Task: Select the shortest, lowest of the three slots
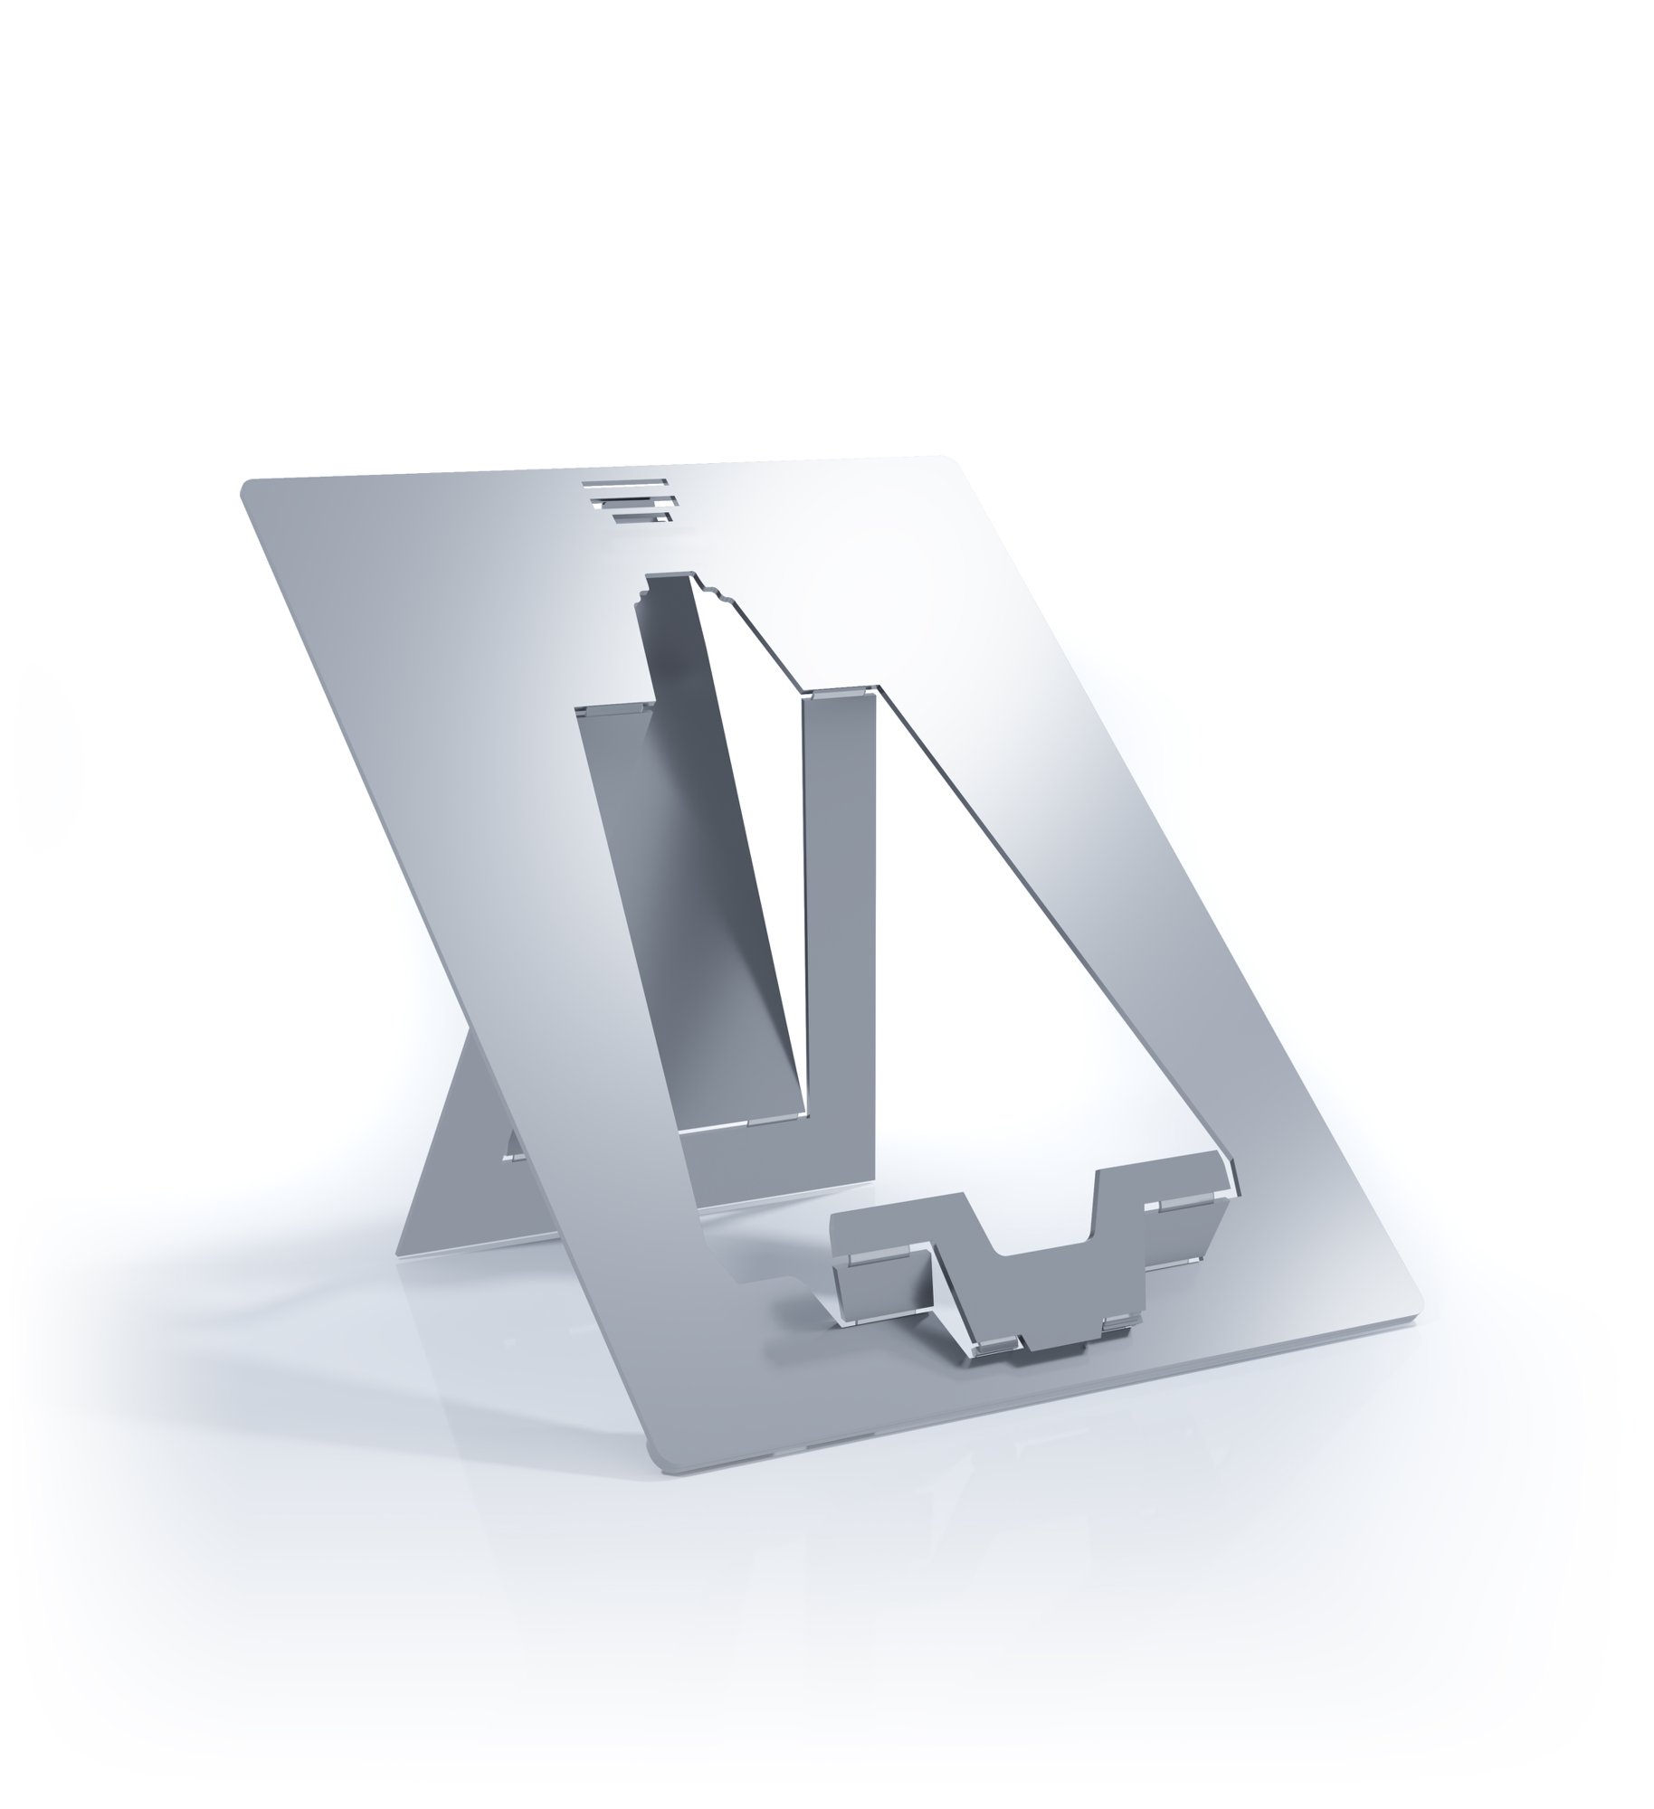[x=642, y=517]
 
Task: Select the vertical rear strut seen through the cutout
[x=837, y=904]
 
